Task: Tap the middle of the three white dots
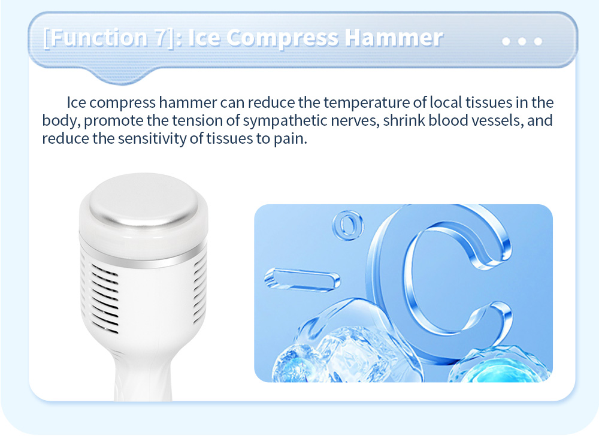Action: [x=522, y=41]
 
